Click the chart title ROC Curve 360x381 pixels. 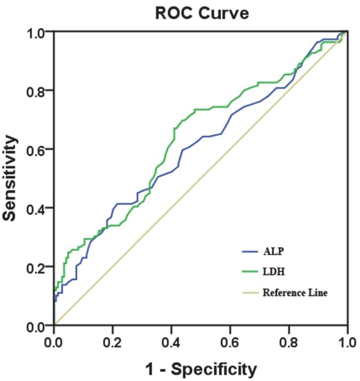pyautogui.click(x=202, y=13)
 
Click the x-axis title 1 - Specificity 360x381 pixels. pyautogui.click(x=200, y=369)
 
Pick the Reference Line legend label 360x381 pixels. pyautogui.click(x=295, y=292)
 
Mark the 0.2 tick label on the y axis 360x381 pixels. pyautogui.click(x=38, y=267)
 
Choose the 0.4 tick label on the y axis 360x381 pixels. pyautogui.click(x=38, y=208)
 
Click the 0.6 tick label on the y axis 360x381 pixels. pyautogui.click(x=38, y=149)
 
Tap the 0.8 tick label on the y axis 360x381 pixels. pyautogui.click(x=38, y=91)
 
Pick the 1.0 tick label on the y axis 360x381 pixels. pyautogui.click(x=38, y=32)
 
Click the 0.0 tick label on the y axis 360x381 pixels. pyautogui.click(x=38, y=326)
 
